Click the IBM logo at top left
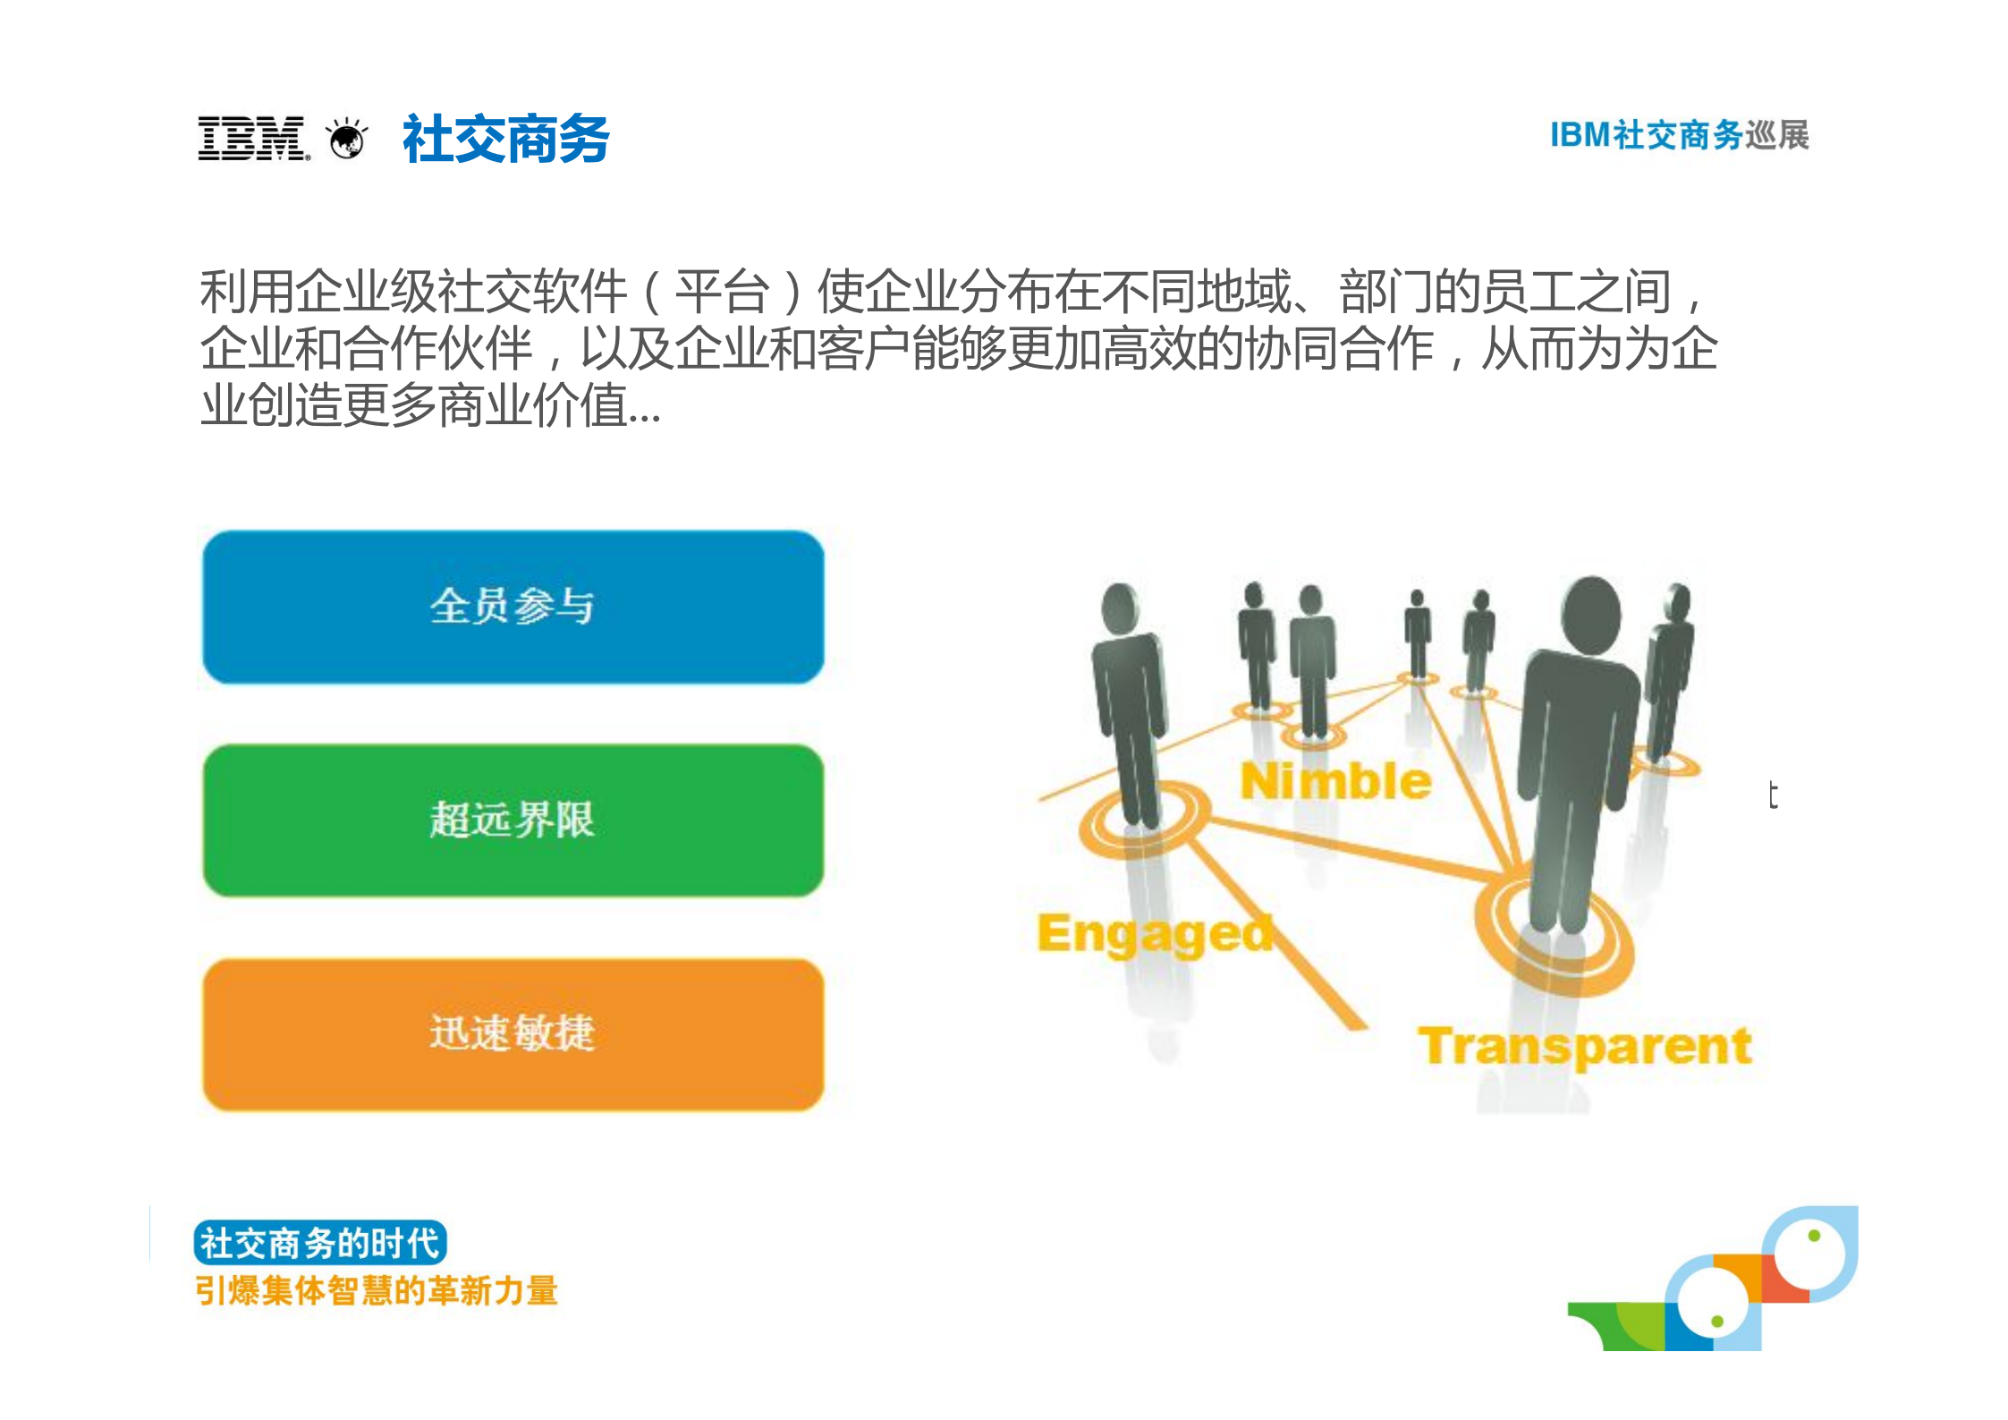pyautogui.click(x=252, y=139)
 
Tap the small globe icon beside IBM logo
pyautogui.click(x=347, y=140)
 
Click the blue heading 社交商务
pyautogui.click(x=505, y=140)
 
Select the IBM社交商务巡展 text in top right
pyautogui.click(x=1679, y=135)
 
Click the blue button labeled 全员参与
pyautogui.click(x=513, y=607)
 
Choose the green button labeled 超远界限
pyautogui.click(x=513, y=820)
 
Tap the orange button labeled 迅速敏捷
pyautogui.click(x=513, y=1033)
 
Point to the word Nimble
pyautogui.click(x=1335, y=781)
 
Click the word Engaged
pyautogui.click(x=1155, y=934)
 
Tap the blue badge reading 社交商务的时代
pyautogui.click(x=319, y=1243)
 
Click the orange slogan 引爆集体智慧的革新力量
pyautogui.click(x=377, y=1291)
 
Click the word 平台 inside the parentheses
pyautogui.click(x=722, y=292)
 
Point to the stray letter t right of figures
pyautogui.click(x=1772, y=795)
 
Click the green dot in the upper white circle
pyautogui.click(x=1814, y=1236)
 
